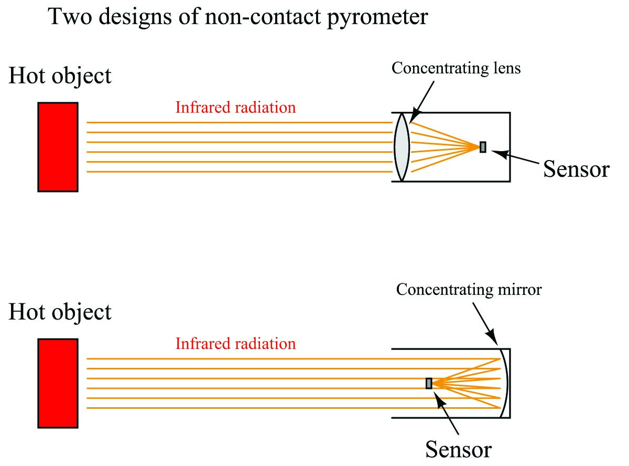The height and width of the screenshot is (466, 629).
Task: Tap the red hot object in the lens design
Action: [58, 147]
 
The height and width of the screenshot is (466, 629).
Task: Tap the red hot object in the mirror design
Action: [58, 383]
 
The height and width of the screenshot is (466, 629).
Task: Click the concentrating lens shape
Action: [401, 147]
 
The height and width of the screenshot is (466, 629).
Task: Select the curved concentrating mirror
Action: [504, 383]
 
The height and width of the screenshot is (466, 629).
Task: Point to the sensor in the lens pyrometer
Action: [483, 147]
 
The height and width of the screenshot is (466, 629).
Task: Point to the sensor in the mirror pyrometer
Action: [429, 384]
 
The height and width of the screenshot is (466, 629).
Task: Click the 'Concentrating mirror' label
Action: [469, 289]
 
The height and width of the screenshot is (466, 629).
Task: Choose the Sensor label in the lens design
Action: [576, 169]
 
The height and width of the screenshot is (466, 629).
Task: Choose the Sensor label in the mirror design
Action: [459, 450]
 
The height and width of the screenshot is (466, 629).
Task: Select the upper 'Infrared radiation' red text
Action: [235, 108]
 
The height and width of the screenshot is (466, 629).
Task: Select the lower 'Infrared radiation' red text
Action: [235, 344]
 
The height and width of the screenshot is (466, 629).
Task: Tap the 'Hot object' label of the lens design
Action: [60, 77]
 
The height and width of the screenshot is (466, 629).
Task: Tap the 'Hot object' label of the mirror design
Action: [60, 312]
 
